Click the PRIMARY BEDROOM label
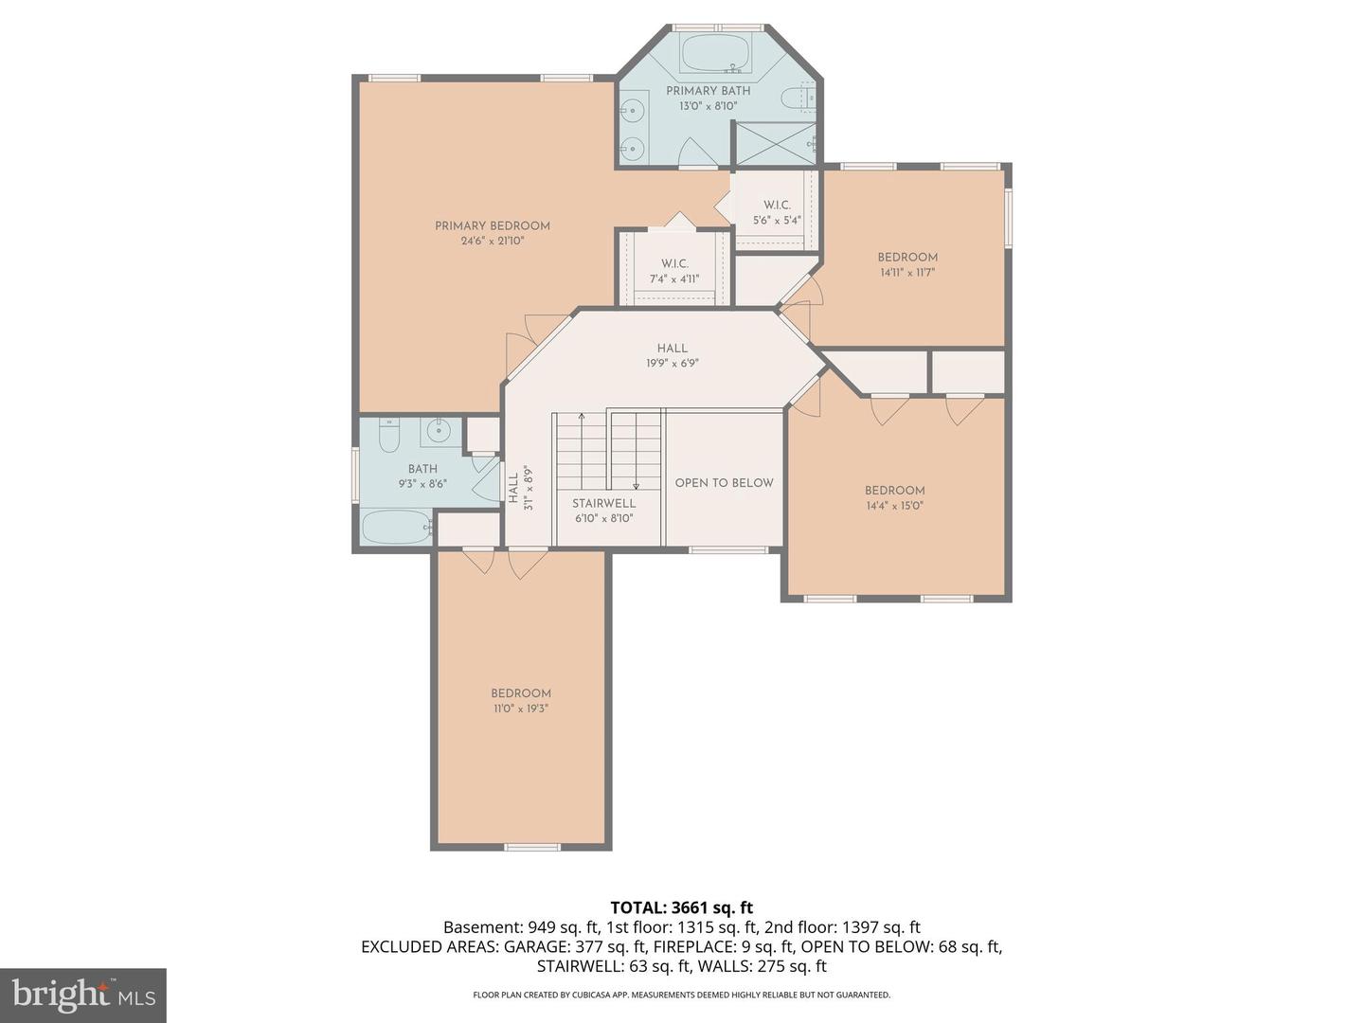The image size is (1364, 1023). point(493,226)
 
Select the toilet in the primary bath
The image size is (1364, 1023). point(798,99)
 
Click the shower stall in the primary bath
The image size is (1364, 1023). point(775,144)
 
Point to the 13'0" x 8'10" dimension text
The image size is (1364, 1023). point(708,106)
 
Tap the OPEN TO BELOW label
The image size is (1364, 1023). point(724,483)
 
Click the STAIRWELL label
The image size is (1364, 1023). point(603,503)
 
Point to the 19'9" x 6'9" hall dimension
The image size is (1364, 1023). point(672,364)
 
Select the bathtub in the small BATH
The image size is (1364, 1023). point(396,527)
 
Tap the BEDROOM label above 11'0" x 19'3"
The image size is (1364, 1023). point(521,693)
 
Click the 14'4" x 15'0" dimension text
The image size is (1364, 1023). point(895,506)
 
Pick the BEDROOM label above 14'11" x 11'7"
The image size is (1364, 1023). point(907,257)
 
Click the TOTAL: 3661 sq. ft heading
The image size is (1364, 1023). point(682,907)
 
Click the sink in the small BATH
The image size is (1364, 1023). point(440,429)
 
